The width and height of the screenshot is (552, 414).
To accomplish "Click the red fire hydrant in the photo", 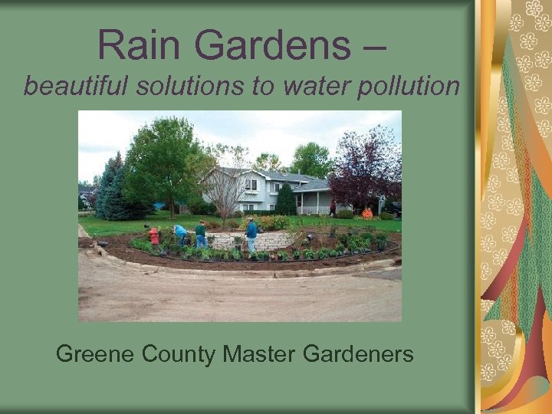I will pos(154,236).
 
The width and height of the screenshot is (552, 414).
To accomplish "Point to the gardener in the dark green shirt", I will pos(201,234).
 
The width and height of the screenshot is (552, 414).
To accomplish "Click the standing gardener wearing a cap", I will pos(251,234).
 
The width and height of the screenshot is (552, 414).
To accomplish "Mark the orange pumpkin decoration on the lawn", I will pos(367,213).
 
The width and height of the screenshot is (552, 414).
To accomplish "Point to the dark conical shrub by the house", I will pos(286,200).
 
